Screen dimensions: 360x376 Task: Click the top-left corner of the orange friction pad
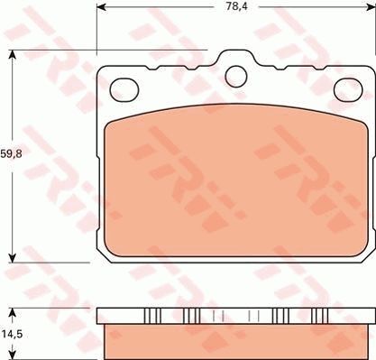[110, 125]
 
